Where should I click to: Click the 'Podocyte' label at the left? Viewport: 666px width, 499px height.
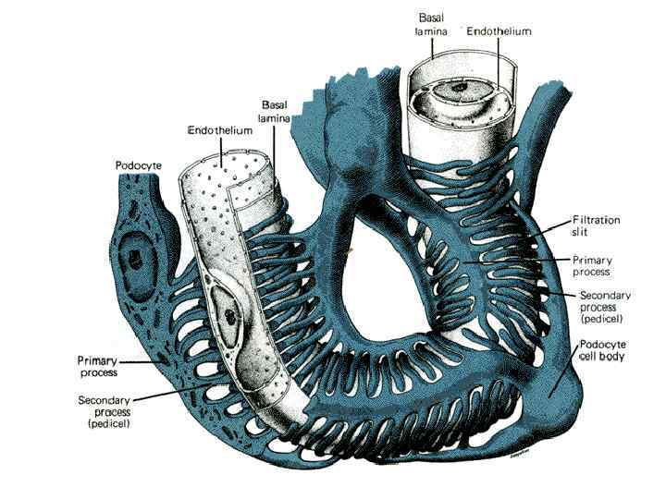[139, 165]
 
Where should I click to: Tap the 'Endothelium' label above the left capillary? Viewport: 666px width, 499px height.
[220, 131]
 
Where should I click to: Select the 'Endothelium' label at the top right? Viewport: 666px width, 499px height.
[499, 30]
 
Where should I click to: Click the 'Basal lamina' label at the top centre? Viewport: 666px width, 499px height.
[431, 24]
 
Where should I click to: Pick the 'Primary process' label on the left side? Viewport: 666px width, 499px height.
[98, 366]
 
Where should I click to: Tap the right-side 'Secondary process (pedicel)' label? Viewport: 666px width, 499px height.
[604, 306]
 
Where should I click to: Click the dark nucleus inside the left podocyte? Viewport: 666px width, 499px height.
[136, 251]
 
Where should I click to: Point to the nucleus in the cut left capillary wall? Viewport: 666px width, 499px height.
[228, 314]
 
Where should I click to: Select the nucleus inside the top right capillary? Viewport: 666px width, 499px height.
[460, 91]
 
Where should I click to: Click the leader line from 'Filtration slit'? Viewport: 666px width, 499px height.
[555, 228]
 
